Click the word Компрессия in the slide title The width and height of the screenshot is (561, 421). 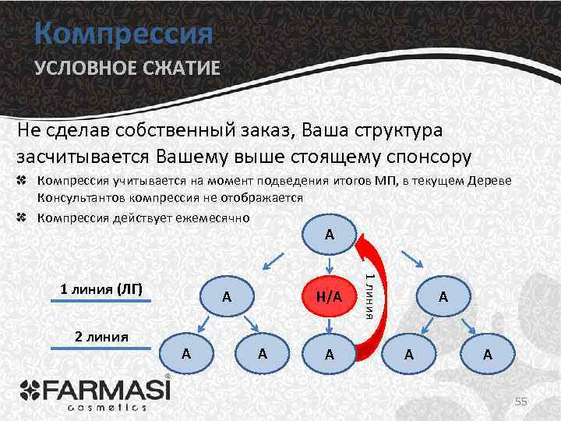[x=123, y=34]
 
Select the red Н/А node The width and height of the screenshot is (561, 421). [x=329, y=296]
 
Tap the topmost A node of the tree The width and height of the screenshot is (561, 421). [x=330, y=234]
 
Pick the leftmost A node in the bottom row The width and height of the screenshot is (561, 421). [x=185, y=353]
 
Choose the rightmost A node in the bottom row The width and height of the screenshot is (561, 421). [x=487, y=354]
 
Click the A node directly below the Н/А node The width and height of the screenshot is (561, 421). [x=329, y=354]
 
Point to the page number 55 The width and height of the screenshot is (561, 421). [x=521, y=402]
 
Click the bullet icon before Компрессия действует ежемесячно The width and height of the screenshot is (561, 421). [x=23, y=218]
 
